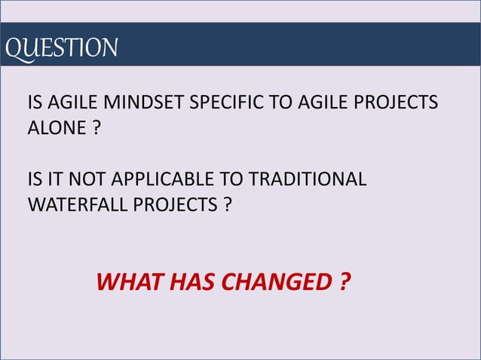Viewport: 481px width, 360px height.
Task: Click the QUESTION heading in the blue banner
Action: (60, 47)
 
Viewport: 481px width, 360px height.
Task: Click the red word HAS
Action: (188, 283)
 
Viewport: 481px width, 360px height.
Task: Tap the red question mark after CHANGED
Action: (344, 283)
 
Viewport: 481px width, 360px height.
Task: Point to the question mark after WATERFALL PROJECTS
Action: (227, 204)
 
